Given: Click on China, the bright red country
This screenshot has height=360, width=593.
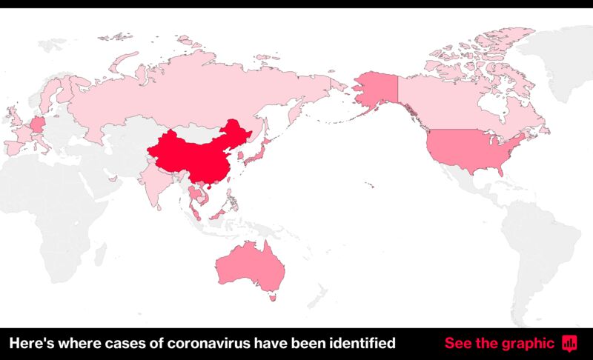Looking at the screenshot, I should point(196,156).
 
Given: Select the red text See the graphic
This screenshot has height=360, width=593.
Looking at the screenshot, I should point(499,343).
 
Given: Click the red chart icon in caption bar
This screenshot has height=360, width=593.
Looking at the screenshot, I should point(569,343).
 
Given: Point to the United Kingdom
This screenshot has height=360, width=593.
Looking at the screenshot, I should point(13,119).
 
